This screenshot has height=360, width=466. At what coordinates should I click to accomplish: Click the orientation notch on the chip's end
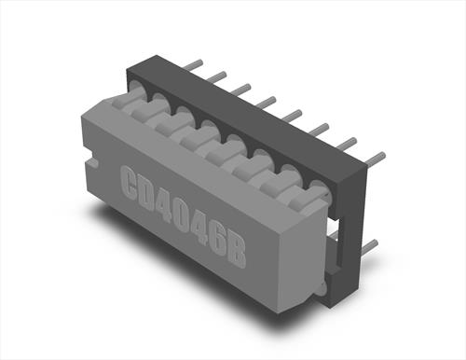tap(92, 162)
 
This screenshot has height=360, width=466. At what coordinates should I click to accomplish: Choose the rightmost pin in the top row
tap(376, 158)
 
